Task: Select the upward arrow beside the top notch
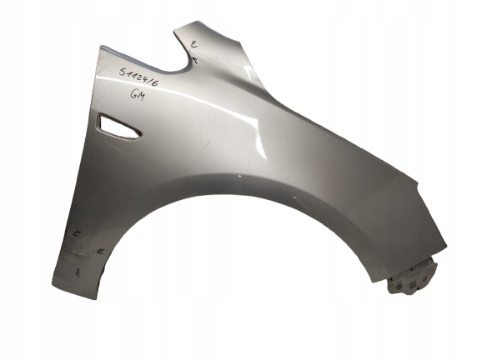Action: pos(193,59)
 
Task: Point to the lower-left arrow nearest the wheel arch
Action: pos(99,250)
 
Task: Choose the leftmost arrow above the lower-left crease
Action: pos(76,234)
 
